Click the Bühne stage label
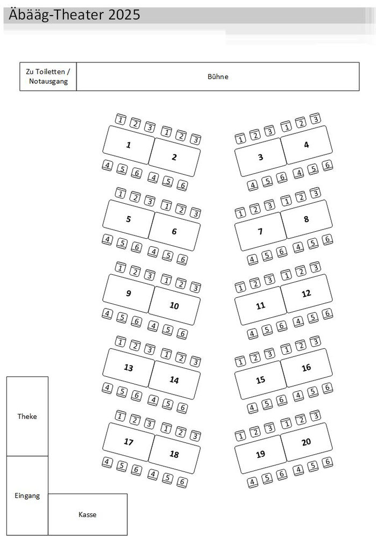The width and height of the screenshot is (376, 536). (218, 76)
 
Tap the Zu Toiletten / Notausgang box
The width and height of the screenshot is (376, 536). (48, 76)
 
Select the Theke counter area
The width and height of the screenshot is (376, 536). (27, 416)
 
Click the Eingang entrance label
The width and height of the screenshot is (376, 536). (27, 496)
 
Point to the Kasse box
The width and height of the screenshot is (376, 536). (88, 514)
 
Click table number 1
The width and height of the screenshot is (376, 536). (129, 145)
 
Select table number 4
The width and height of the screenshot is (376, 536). (306, 145)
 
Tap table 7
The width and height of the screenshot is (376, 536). (261, 231)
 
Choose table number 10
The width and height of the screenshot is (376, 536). (175, 305)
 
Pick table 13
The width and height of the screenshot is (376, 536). (129, 368)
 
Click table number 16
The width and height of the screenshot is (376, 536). (306, 368)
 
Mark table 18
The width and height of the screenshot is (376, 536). (175, 454)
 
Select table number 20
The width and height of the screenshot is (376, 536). (306, 442)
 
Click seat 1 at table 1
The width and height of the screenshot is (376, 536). (120, 120)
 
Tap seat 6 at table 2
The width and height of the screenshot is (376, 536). (183, 185)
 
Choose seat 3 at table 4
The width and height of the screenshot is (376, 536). (315, 119)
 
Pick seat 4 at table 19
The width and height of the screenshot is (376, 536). (252, 482)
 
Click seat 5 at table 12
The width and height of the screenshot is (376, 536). (313, 318)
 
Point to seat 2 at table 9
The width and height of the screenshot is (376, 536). (135, 271)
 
